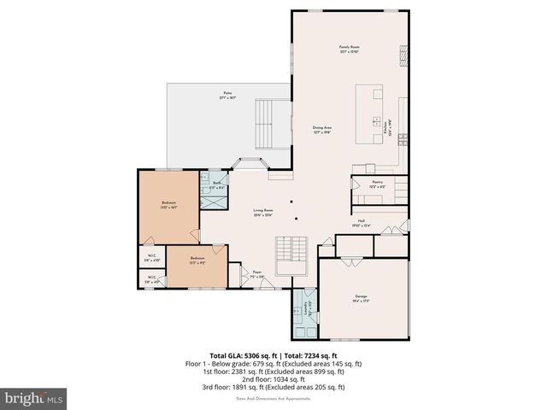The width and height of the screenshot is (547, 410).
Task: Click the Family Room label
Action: pyautogui.click(x=348, y=49)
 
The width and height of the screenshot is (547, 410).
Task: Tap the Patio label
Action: pyautogui.click(x=227, y=94)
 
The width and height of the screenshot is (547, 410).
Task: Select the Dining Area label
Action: pyautogui.click(x=322, y=129)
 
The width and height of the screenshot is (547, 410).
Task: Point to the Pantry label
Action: pyautogui.click(x=377, y=184)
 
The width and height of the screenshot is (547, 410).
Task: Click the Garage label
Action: pyautogui.click(x=361, y=299)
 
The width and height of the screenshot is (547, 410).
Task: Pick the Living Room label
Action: pyautogui.click(x=262, y=213)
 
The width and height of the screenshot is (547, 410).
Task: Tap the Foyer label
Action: pyautogui.click(x=256, y=275)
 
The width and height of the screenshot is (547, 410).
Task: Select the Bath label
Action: pyautogui.click(x=216, y=184)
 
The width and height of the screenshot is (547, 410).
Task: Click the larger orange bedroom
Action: pyautogui.click(x=169, y=206)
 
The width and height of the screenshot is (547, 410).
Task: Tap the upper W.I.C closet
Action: pyautogui.click(x=151, y=258)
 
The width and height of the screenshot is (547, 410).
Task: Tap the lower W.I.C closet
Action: pyautogui.click(x=151, y=278)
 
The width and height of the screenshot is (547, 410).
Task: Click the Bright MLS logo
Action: pyautogui.click(x=34, y=398)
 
